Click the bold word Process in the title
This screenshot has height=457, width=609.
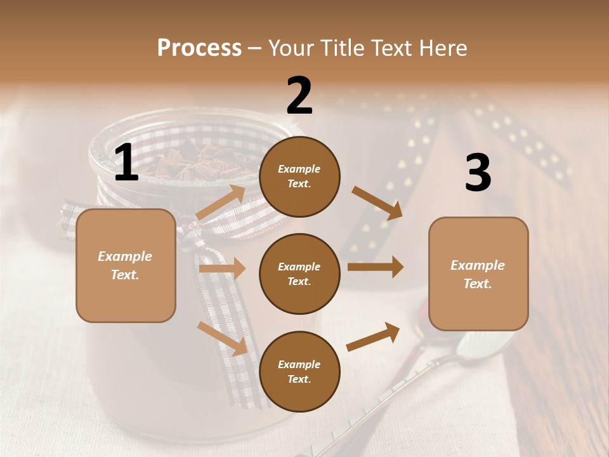(199, 48)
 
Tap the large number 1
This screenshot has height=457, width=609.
(126, 163)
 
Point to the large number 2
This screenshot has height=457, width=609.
(299, 96)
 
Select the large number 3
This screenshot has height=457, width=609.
(478, 173)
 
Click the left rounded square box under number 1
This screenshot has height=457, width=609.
(126, 265)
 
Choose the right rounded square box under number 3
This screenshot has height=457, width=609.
(478, 274)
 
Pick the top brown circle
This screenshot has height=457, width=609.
(299, 176)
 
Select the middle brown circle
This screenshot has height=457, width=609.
(299, 274)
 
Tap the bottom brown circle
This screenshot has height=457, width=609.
(299, 371)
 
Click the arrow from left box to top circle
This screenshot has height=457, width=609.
(221, 202)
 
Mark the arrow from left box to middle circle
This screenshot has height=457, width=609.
(222, 268)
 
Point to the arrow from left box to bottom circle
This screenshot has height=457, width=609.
(222, 338)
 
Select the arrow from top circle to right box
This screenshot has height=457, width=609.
(377, 202)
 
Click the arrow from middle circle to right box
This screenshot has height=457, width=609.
(375, 267)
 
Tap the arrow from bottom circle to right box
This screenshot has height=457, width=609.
(373, 337)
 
